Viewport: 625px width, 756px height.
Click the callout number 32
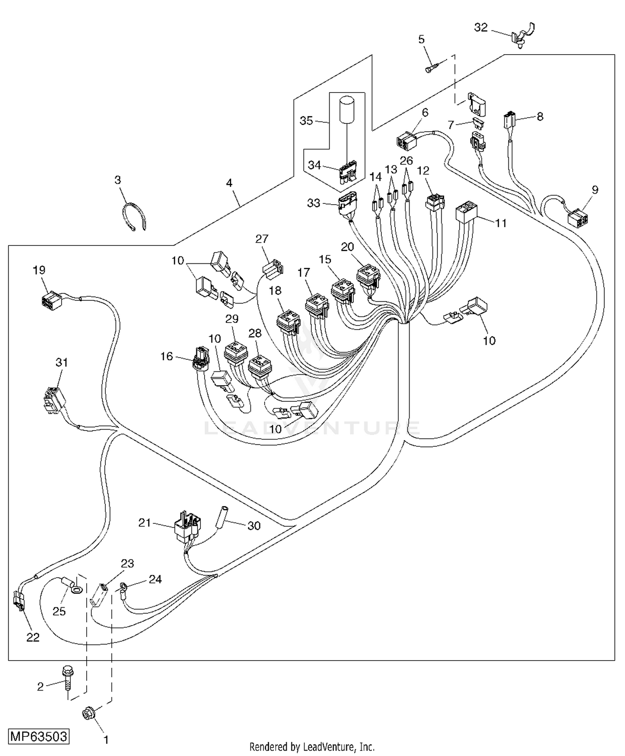point(481,28)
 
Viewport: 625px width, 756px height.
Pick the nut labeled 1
point(88,714)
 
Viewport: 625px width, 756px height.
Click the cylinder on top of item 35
point(347,109)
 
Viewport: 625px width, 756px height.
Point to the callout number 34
point(314,165)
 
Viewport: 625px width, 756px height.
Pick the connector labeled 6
point(406,141)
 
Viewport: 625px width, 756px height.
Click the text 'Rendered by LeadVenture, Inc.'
point(312,746)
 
